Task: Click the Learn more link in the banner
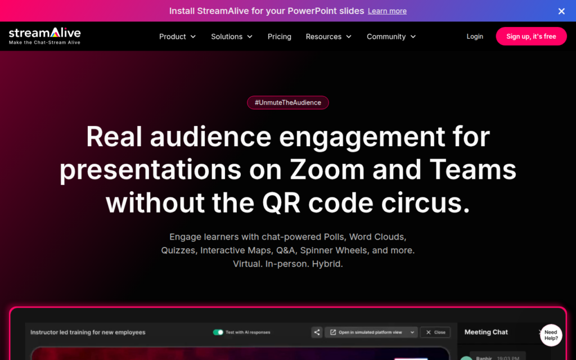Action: (x=387, y=11)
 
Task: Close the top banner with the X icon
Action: (x=561, y=11)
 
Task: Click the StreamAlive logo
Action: (x=45, y=36)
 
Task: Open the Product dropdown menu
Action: (x=177, y=37)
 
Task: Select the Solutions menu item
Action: (x=232, y=37)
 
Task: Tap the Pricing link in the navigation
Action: (x=279, y=37)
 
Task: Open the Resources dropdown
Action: (x=328, y=37)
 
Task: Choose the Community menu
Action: (x=391, y=37)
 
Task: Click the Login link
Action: (x=475, y=37)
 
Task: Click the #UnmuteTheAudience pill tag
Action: (x=288, y=102)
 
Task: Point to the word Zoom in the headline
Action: (x=327, y=169)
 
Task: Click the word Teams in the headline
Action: (x=472, y=169)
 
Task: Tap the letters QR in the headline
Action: (x=281, y=202)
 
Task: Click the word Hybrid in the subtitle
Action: (x=327, y=264)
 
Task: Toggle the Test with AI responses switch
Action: (x=218, y=332)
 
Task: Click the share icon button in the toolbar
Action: (x=317, y=332)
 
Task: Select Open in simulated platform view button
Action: (x=371, y=332)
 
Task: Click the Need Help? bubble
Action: (x=551, y=335)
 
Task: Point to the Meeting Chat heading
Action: (x=486, y=332)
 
